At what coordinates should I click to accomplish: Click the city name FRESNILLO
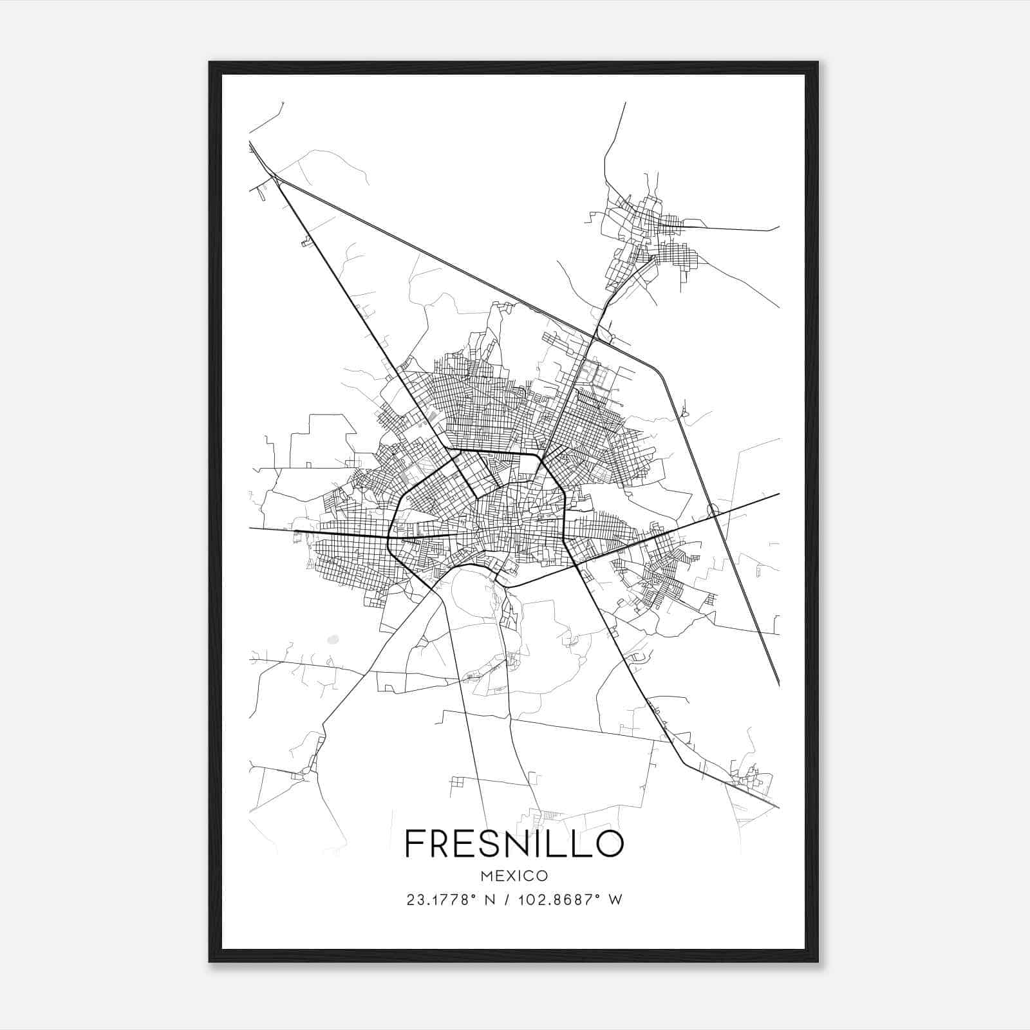click(514, 844)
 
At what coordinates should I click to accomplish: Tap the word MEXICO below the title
click(514, 876)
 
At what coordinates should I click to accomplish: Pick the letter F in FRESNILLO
click(414, 844)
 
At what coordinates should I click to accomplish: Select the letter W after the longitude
click(616, 900)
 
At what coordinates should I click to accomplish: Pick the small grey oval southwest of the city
click(332, 640)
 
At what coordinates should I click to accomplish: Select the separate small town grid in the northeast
click(650, 238)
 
